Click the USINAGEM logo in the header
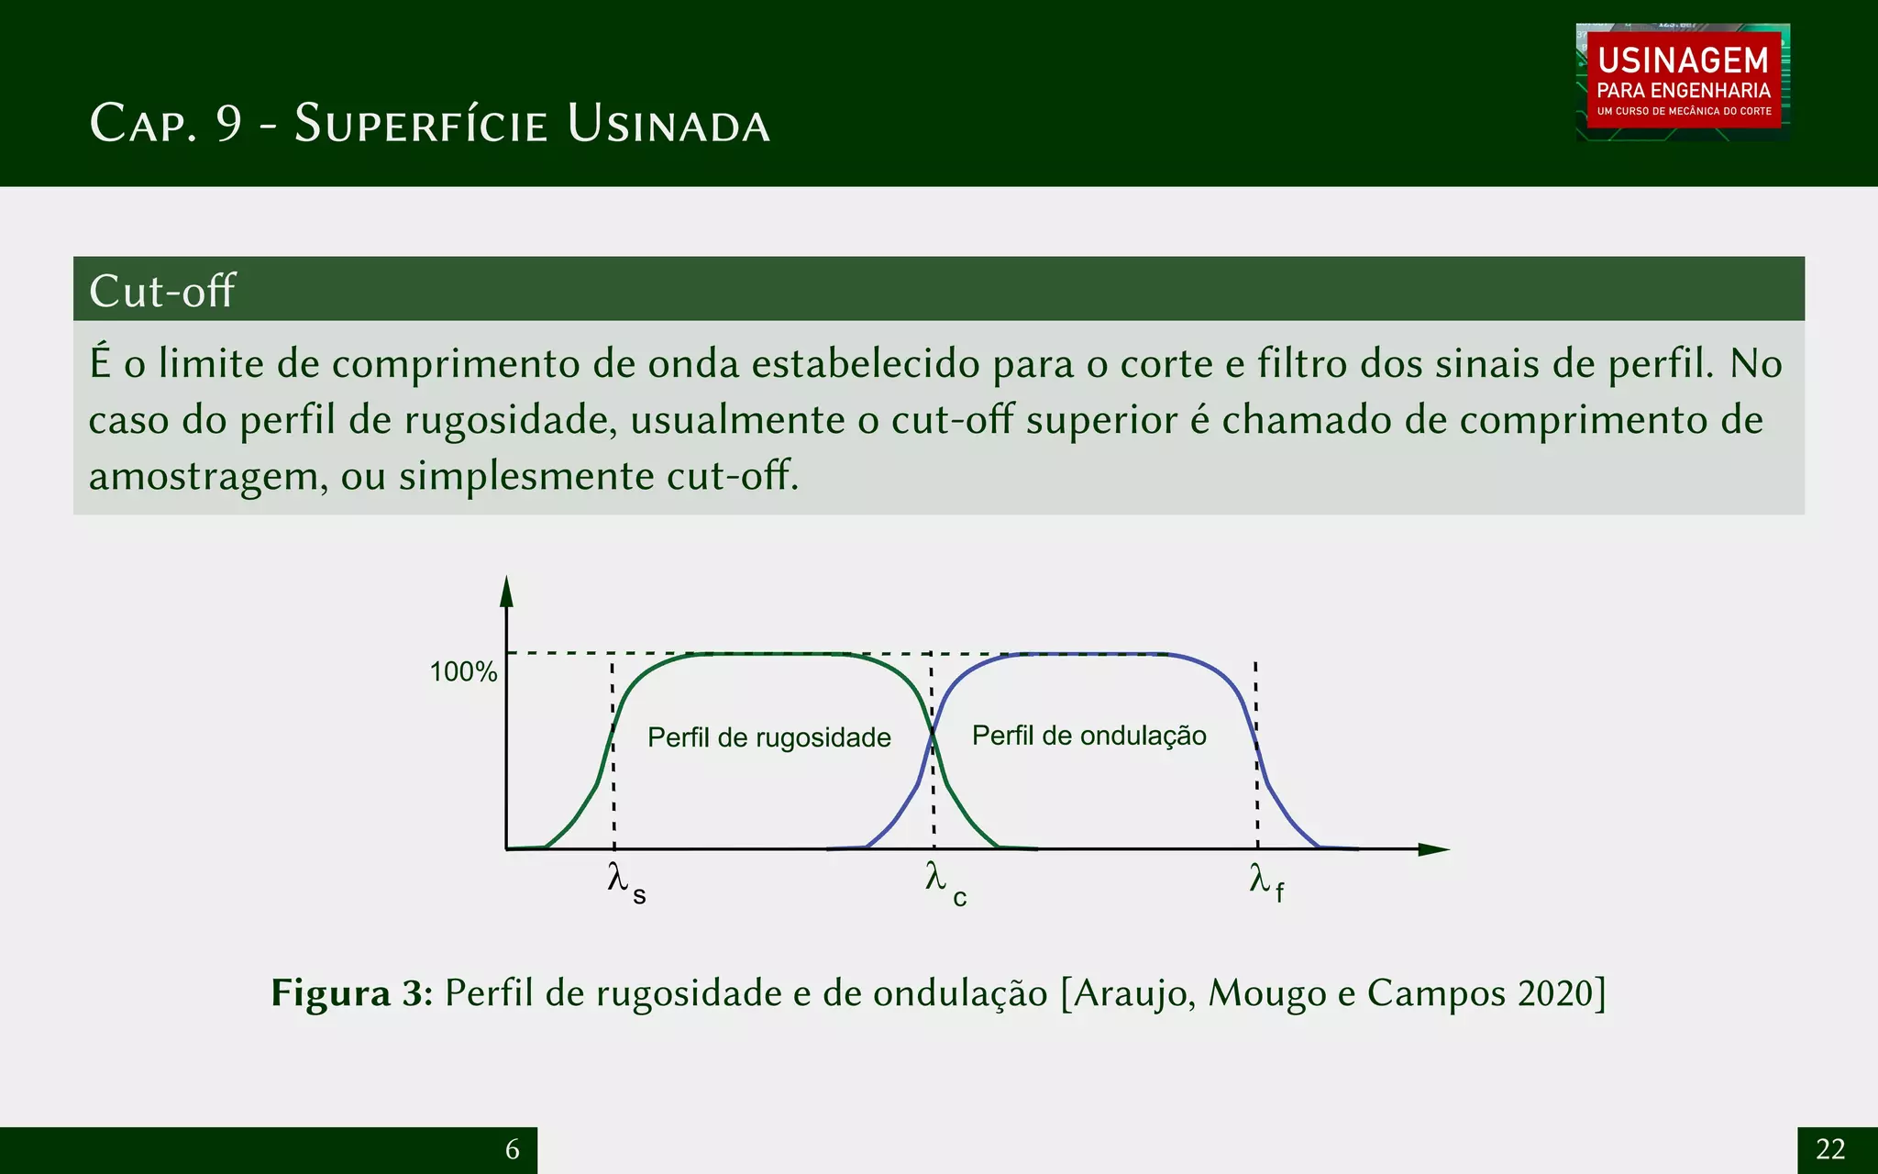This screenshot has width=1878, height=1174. pyautogui.click(x=1683, y=82)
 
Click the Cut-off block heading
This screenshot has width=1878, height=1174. pyautogui.click(x=162, y=291)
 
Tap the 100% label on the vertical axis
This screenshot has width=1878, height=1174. pyautogui.click(x=463, y=671)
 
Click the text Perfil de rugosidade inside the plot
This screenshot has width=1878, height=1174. pyautogui.click(x=768, y=737)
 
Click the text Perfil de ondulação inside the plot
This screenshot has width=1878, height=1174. pyautogui.click(x=1088, y=736)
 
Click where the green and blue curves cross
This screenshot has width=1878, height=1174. pyautogui.click(x=933, y=732)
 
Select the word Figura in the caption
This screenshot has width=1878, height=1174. pyautogui.click(x=331, y=993)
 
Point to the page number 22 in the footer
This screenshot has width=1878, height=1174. pyautogui.click(x=1830, y=1149)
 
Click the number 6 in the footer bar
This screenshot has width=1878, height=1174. pyautogui.click(x=513, y=1149)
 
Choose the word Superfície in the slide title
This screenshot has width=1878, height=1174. pyautogui.click(x=421, y=124)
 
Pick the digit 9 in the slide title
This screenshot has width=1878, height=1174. pyautogui.click(x=229, y=124)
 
